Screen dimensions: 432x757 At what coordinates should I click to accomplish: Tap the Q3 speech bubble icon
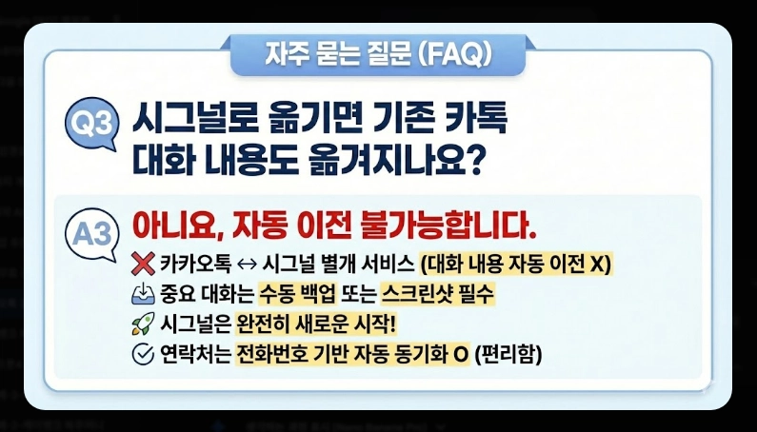(x=92, y=126)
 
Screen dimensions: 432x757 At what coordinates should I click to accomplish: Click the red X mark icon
(x=143, y=264)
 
